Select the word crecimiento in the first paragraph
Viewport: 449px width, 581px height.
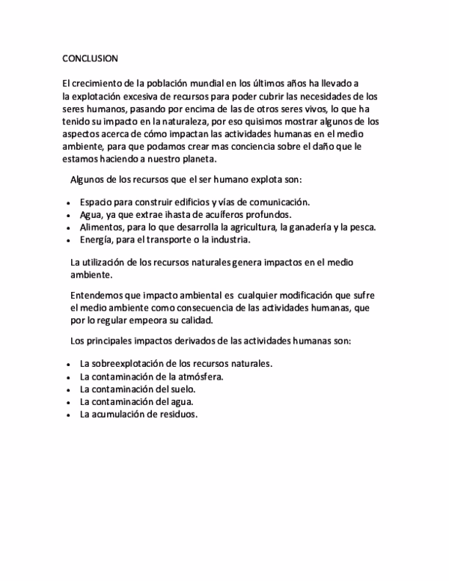click(100, 82)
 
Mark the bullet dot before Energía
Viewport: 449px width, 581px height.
click(68, 240)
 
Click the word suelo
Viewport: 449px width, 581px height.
click(182, 389)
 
